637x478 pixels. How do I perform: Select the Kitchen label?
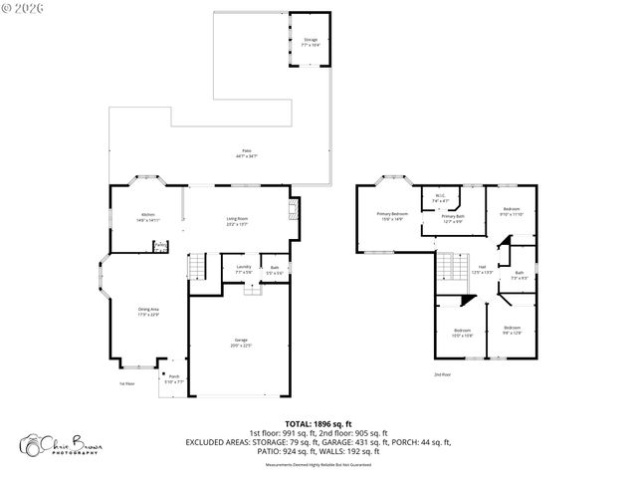147,217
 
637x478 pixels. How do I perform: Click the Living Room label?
237,221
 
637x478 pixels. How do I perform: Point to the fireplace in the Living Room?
293,210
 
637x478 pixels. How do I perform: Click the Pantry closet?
160,247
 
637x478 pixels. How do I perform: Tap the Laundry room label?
243,269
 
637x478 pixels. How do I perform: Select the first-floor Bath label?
274,269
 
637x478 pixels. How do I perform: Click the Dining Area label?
147,313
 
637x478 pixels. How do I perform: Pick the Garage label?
242,344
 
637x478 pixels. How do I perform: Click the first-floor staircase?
196,268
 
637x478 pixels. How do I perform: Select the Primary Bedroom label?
391,216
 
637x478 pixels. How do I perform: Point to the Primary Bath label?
453,218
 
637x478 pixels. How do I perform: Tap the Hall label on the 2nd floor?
481,270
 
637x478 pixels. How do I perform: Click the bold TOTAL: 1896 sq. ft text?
318,423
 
